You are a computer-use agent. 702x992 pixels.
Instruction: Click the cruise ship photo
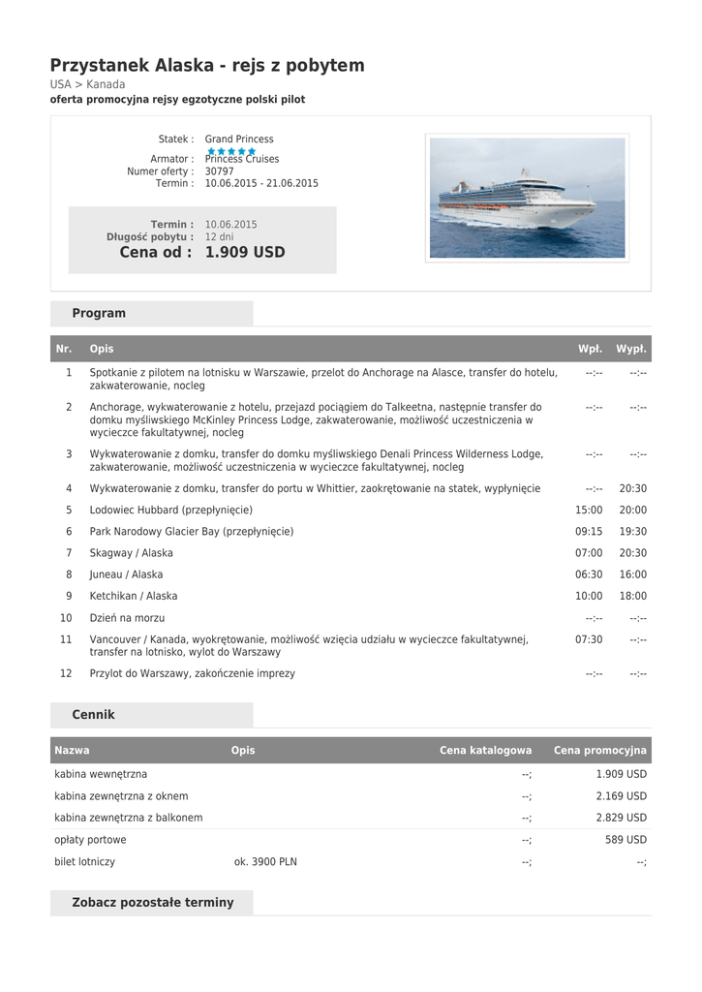pos(527,198)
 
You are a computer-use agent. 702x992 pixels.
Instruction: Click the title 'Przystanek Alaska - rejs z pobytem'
pos(207,66)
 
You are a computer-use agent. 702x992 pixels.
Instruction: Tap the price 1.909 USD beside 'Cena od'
pos(245,253)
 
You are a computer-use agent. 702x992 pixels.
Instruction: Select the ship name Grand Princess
pos(239,139)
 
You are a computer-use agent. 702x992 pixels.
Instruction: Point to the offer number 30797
pos(219,171)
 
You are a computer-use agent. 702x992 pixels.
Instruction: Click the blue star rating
pos(230,151)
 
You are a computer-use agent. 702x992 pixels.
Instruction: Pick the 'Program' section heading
pos(99,314)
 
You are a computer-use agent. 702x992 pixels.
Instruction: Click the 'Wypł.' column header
pos(631,349)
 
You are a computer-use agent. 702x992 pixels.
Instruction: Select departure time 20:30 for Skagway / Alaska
pos(633,553)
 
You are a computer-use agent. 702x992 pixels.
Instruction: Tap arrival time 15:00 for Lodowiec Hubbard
pos(589,510)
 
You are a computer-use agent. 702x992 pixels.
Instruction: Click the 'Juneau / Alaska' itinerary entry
pos(127,574)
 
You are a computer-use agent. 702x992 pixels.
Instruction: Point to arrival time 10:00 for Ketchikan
pos(589,596)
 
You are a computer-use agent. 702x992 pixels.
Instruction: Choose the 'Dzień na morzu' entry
pos(127,618)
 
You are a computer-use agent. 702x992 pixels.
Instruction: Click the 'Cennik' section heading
pos(94,715)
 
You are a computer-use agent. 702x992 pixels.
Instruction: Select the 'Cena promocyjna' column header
pos(599,751)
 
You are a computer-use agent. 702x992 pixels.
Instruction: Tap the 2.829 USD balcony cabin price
pos(621,818)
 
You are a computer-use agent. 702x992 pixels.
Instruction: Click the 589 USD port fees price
pos(626,840)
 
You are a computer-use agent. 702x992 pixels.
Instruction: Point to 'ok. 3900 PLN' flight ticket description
pos(265,861)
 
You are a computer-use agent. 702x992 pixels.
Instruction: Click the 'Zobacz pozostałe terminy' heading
pos(153,903)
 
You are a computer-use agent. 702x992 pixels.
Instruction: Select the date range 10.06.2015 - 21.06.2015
pos(261,183)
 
